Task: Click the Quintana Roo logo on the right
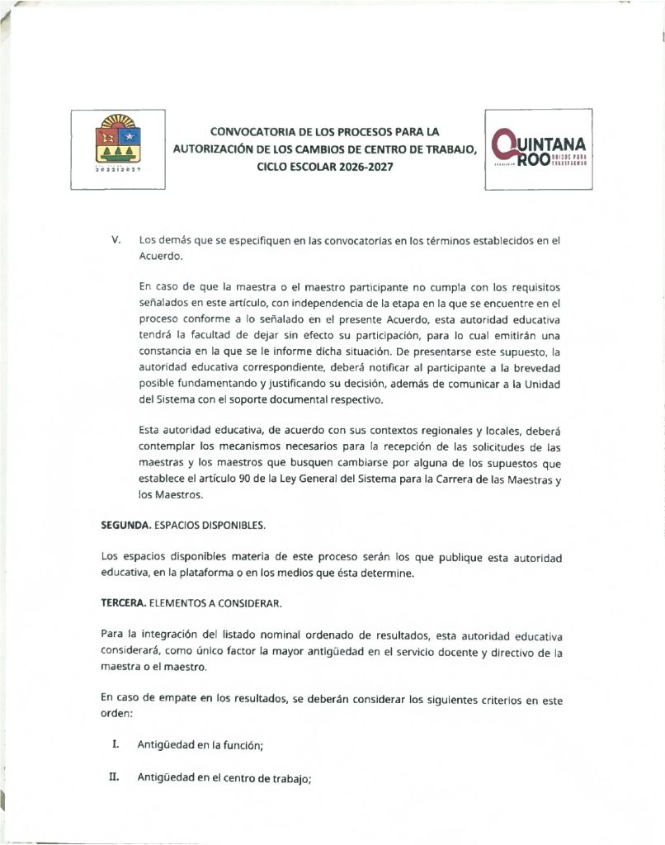click(x=538, y=149)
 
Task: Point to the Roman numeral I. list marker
click(x=116, y=745)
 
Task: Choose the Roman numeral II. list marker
click(x=116, y=777)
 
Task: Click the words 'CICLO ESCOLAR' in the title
click(x=292, y=166)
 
